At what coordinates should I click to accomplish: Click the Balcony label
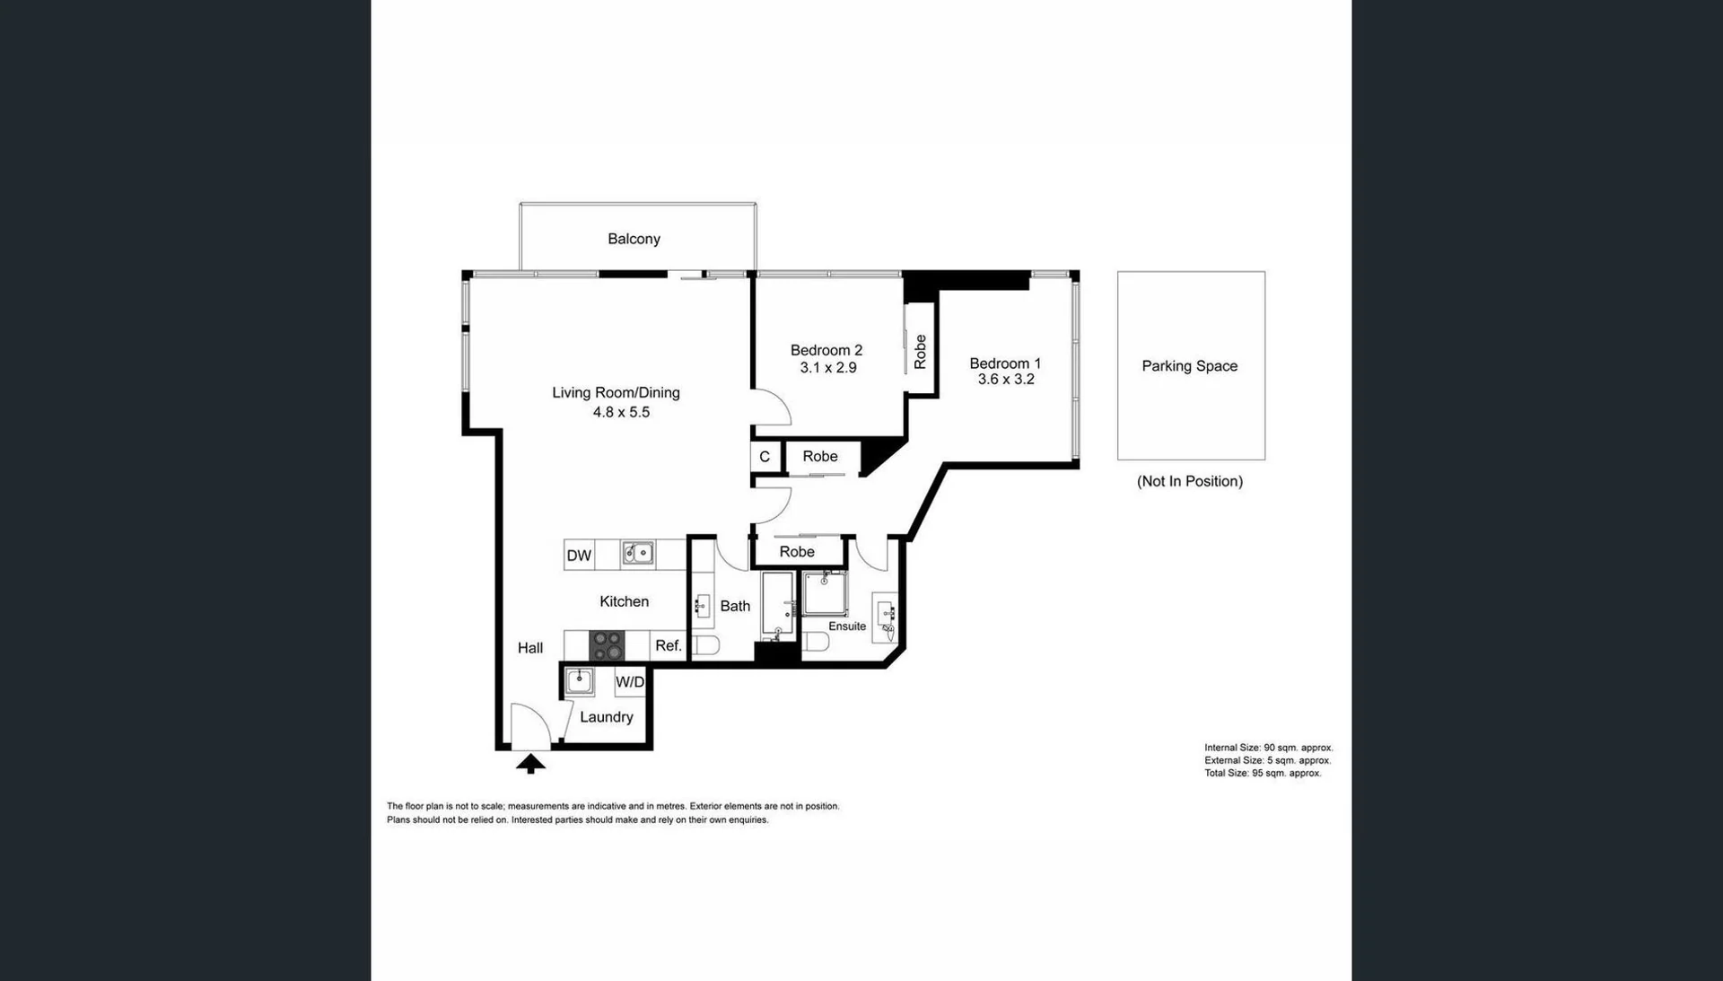(x=634, y=239)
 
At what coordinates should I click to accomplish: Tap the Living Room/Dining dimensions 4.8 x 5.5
(x=621, y=412)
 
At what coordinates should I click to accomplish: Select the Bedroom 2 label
(x=827, y=350)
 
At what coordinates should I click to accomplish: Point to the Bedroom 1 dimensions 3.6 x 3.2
(x=1006, y=380)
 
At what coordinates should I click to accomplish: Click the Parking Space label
(x=1190, y=366)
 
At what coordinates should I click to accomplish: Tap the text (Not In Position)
(x=1190, y=481)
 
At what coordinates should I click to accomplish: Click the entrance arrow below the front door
(x=530, y=764)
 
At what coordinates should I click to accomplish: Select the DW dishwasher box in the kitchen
(x=580, y=556)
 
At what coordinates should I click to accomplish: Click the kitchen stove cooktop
(x=607, y=645)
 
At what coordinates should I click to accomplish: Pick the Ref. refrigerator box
(x=669, y=645)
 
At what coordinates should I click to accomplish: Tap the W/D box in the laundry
(x=630, y=682)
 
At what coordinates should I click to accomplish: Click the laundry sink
(x=580, y=681)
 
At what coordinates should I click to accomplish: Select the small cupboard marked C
(x=765, y=457)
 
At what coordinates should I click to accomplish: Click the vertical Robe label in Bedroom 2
(x=920, y=352)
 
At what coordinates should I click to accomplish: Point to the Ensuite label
(x=847, y=626)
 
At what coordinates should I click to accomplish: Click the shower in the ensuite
(x=825, y=593)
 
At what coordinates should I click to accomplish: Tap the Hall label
(x=530, y=648)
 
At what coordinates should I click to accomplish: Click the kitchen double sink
(x=638, y=553)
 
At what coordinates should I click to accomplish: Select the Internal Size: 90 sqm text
(x=1268, y=748)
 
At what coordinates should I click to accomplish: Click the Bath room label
(x=735, y=607)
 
